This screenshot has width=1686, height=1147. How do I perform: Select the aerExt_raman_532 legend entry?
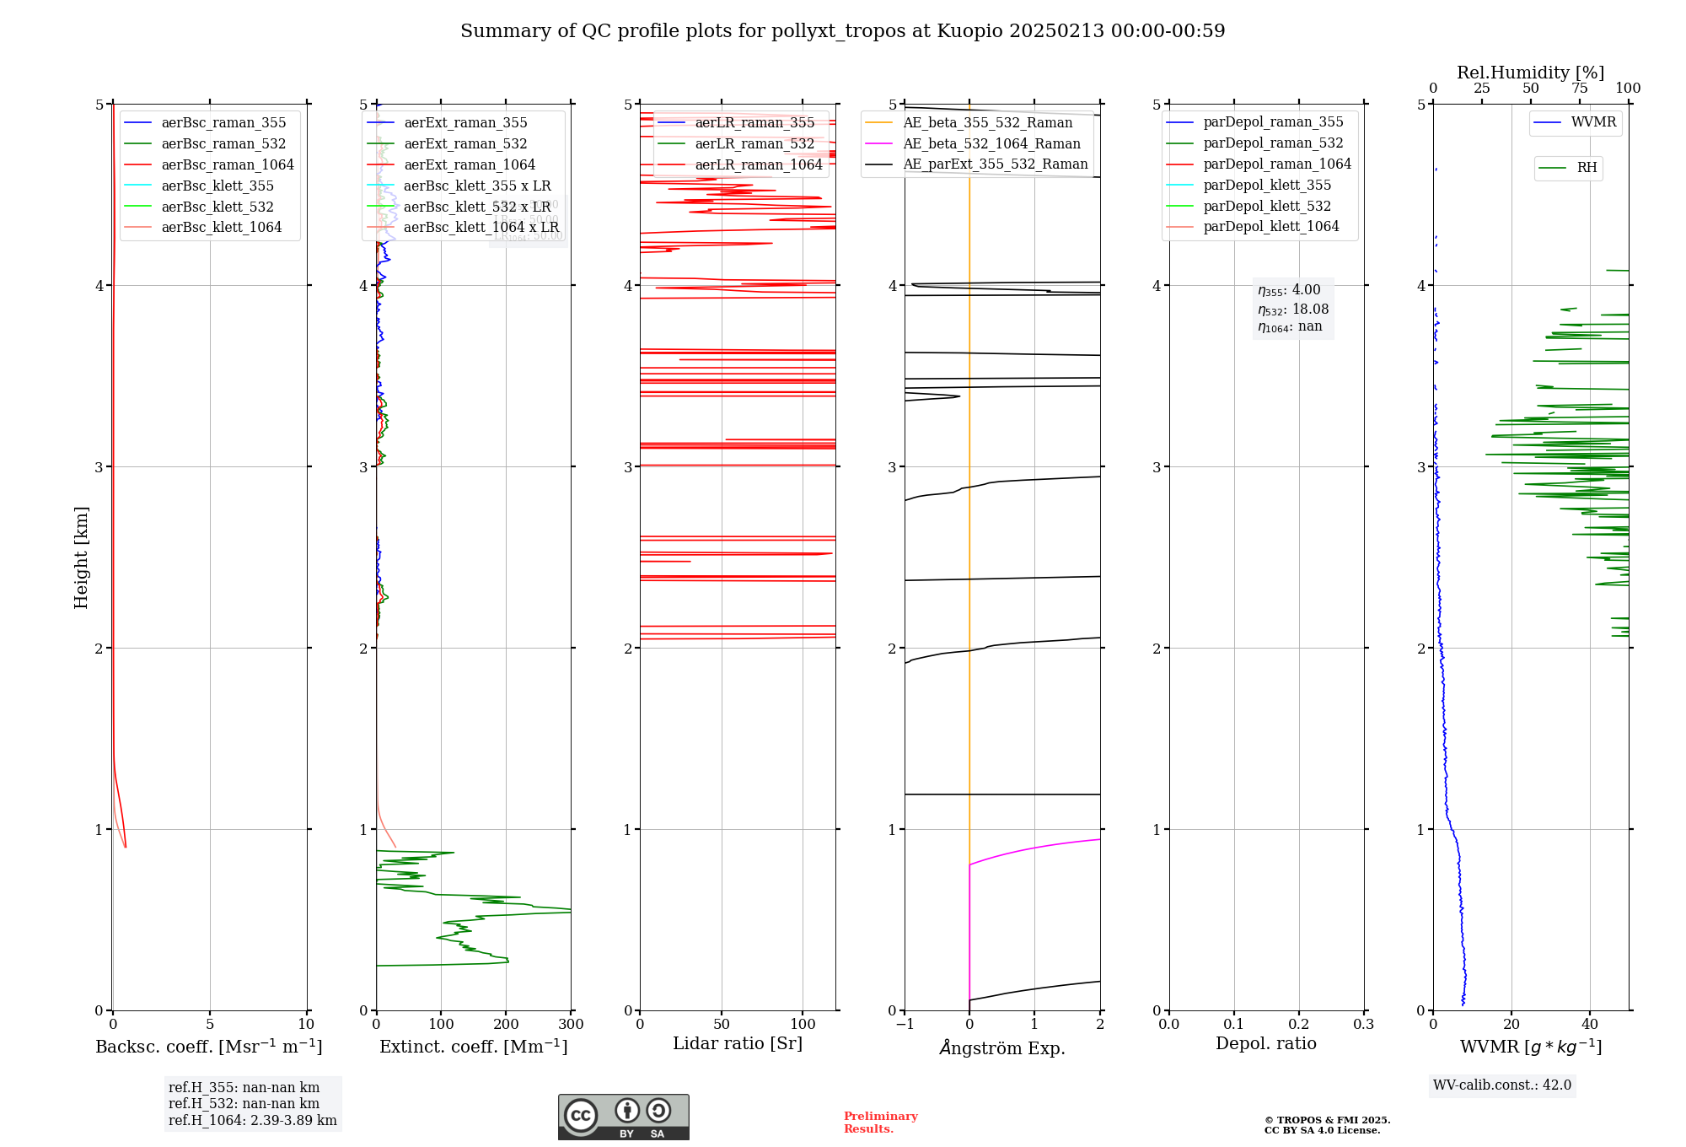tap(465, 144)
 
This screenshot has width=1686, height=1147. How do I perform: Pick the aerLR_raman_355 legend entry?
tap(754, 123)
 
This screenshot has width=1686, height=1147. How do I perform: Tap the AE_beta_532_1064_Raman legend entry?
tap(991, 144)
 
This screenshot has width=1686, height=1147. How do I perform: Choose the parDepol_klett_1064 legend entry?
tap(1270, 227)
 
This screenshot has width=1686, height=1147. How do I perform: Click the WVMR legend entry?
tap(1593, 122)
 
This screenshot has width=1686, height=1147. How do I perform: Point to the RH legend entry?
tap(1587, 168)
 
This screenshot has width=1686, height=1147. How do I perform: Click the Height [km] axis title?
tap(81, 557)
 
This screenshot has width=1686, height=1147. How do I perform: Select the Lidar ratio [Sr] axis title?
tap(738, 1043)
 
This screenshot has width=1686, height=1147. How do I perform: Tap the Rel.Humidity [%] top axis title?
tap(1530, 73)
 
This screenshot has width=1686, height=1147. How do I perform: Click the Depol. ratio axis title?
tap(1265, 1043)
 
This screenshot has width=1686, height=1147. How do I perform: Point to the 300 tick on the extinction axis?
tap(571, 1025)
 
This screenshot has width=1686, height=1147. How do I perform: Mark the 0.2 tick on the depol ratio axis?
tap(1298, 1025)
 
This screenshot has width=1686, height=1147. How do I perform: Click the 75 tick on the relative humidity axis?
tap(1579, 89)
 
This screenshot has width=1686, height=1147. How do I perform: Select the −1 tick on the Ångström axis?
tap(904, 1025)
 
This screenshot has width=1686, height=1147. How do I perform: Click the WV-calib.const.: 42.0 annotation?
tap(1501, 1085)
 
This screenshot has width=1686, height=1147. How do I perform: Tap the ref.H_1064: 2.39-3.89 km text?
tap(252, 1121)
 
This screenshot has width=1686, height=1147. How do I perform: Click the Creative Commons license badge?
tap(623, 1117)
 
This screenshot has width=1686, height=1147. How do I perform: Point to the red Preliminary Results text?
tap(880, 1123)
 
